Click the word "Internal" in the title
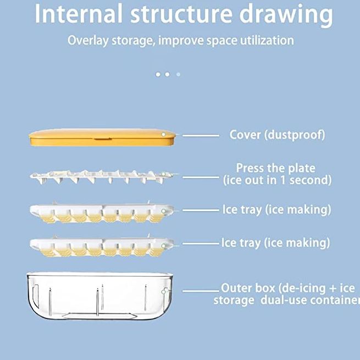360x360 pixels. click(79, 14)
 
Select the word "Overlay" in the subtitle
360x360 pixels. click(88, 41)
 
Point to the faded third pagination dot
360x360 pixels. click(178, 74)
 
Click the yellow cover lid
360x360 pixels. click(102, 137)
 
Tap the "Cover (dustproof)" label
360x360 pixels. click(277, 135)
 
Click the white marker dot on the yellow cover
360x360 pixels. click(163, 134)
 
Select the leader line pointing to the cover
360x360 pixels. click(201, 136)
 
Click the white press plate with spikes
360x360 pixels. click(102, 177)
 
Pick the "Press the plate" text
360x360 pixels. click(276, 168)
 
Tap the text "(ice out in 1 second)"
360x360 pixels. click(278, 180)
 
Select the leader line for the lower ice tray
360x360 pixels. click(201, 244)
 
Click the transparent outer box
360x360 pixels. click(99, 296)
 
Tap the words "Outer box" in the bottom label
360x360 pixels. click(248, 288)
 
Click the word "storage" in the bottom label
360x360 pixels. click(234, 300)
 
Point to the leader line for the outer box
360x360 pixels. click(201, 291)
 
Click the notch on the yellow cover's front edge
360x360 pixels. click(103, 139)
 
